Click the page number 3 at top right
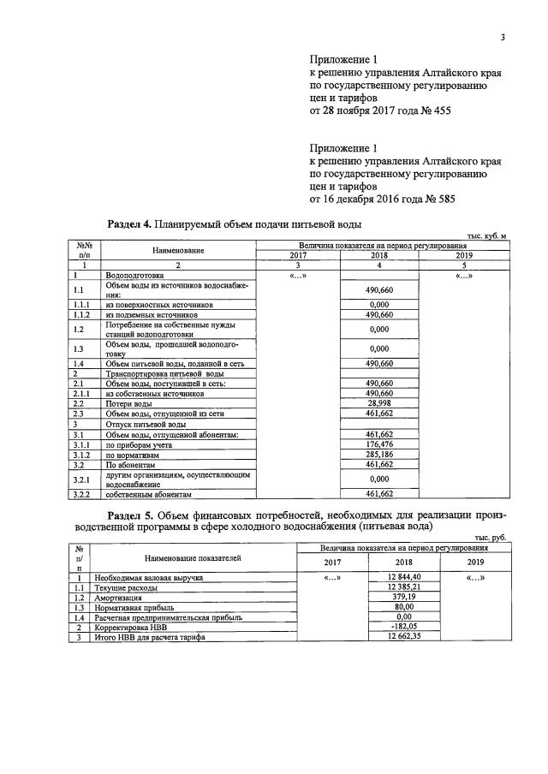(503, 37)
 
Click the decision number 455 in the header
(439, 111)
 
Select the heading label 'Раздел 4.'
(129, 224)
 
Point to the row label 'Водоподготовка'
(135, 275)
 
